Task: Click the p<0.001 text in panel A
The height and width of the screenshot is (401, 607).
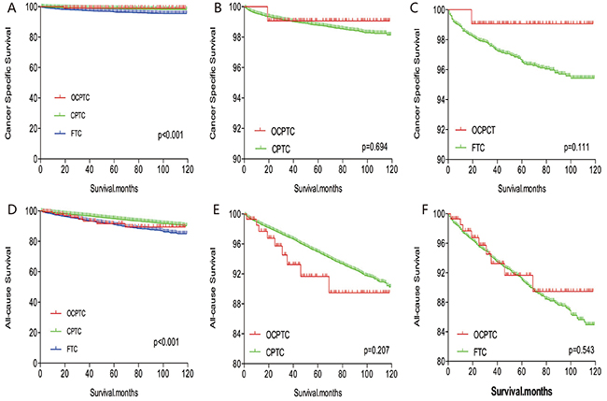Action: tap(170, 135)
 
